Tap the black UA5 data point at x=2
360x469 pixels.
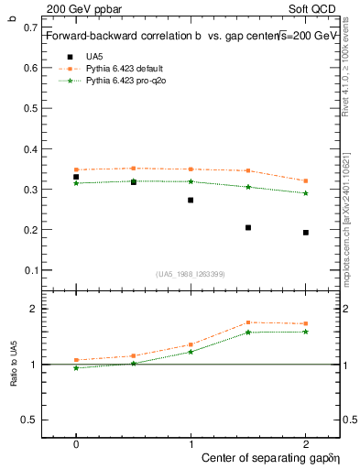[x=306, y=233]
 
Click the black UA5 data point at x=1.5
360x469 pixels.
[x=248, y=227]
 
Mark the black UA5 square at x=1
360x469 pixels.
[x=191, y=200]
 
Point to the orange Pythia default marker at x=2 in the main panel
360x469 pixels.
[x=306, y=180]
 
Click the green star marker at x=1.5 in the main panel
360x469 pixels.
[x=248, y=187]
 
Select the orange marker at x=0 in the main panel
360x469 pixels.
[x=76, y=169]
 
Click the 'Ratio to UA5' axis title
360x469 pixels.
[x=13, y=365]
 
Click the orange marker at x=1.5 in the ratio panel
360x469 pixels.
[x=248, y=322]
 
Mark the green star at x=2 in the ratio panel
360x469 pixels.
[x=306, y=332]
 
